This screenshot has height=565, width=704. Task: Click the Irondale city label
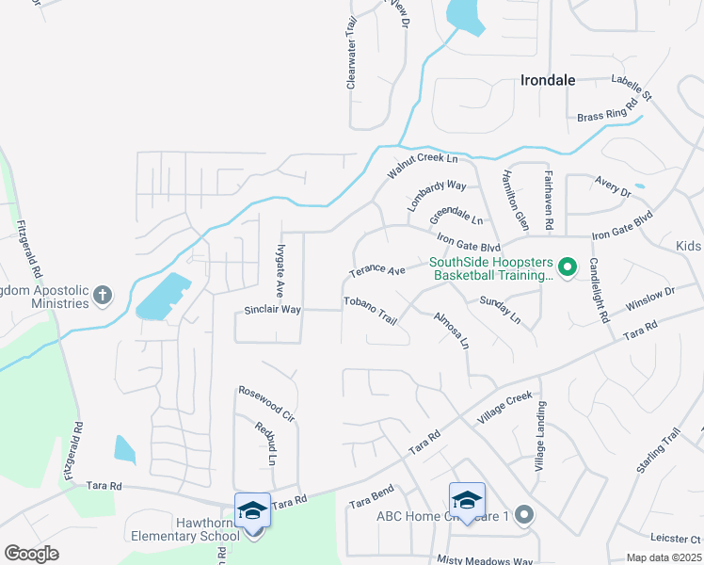pos(547,81)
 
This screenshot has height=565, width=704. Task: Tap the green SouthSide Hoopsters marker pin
pos(567,269)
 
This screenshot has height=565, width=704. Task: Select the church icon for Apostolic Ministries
pos(104,296)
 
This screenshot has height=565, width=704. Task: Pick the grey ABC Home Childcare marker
pos(524,515)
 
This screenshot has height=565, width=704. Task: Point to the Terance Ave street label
pos(376,271)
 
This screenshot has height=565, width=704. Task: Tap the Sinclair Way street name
pos(272,309)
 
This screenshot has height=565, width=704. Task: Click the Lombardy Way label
pos(437,195)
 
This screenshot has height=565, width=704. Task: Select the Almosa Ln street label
pos(451,331)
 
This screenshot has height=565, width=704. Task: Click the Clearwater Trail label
pos(351,57)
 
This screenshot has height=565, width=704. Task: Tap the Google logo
pos(31,554)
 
